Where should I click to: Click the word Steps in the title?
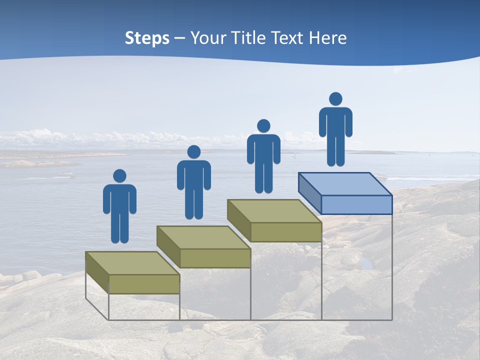pos(147,38)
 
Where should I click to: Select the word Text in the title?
pos(288,38)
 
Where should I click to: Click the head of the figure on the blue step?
pos(335,99)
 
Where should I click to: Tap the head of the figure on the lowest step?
pos(119,176)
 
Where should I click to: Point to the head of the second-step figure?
pos(193,152)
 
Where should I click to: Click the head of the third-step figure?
pos(263,126)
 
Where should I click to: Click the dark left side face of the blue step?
pos(309,190)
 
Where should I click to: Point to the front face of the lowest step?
pos(144,284)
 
